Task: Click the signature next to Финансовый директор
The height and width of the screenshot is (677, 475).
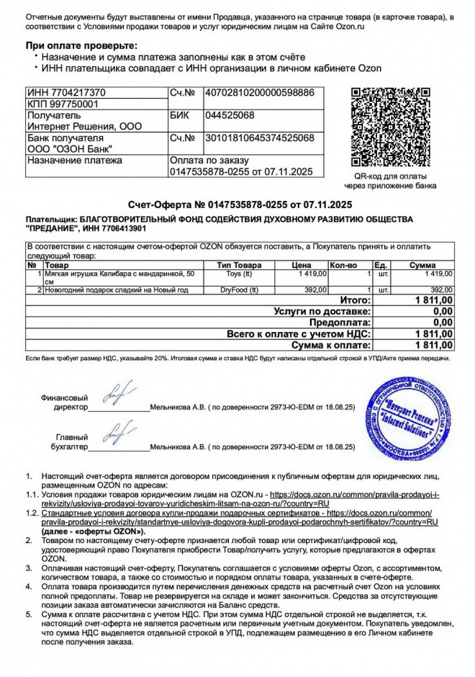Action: click(117, 395)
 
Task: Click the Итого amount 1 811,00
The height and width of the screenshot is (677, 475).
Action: click(434, 300)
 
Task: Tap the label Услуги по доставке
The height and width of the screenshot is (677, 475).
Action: click(322, 311)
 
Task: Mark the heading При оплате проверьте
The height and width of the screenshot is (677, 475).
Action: click(81, 45)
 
